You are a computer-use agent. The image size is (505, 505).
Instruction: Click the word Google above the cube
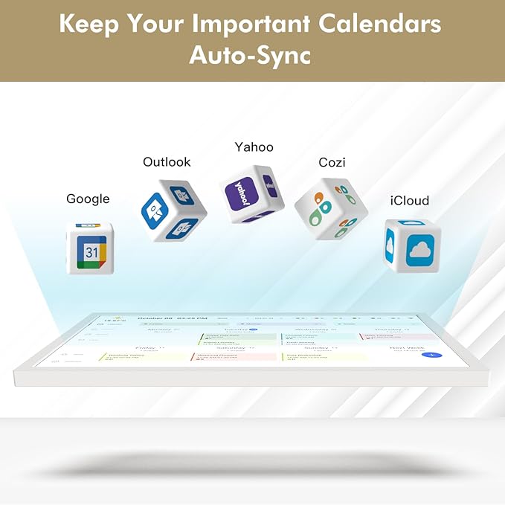[x=88, y=199]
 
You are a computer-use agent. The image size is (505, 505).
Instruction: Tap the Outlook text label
[x=167, y=161]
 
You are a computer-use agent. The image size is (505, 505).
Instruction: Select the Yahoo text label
[x=254, y=147]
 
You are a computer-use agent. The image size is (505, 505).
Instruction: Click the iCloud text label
[x=410, y=201]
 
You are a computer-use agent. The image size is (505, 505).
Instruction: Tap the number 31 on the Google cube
[x=91, y=253]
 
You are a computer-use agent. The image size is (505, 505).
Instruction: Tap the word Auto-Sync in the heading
[x=249, y=55]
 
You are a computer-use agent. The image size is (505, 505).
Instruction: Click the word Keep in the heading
[x=88, y=24]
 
